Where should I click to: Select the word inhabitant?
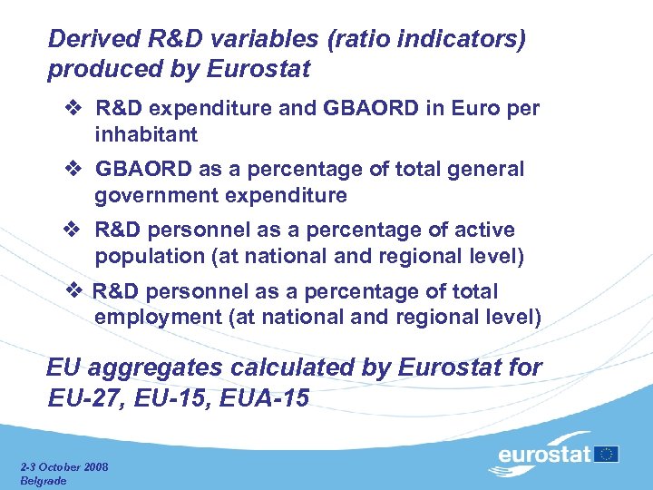pyautogui.click(x=145, y=134)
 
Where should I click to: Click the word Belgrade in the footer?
pyautogui.click(x=43, y=481)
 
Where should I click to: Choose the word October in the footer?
pyautogui.click(x=57, y=467)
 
